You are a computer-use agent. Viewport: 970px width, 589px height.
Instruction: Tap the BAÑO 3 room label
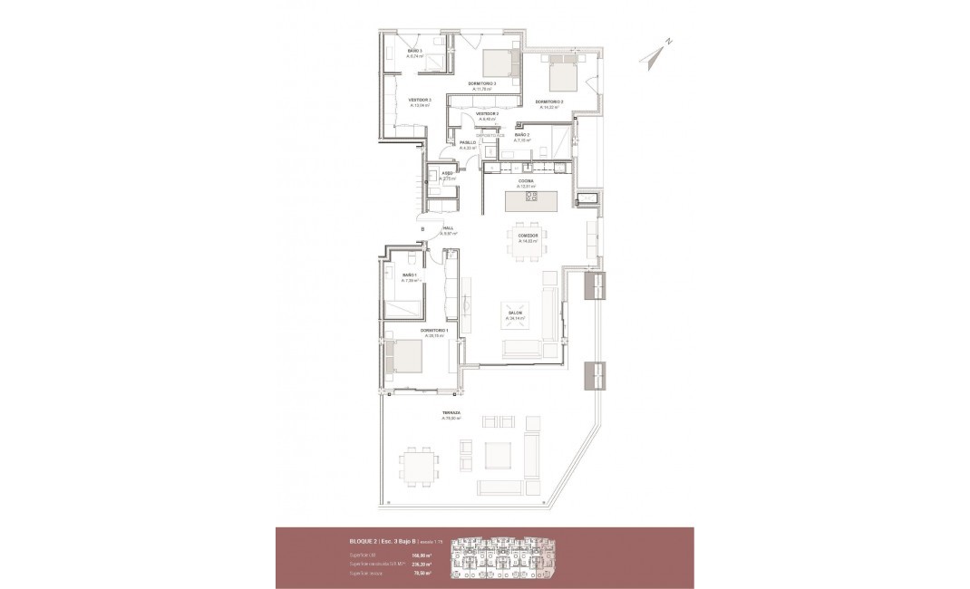[415, 51]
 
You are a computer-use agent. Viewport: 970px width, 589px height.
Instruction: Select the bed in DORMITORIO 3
[496, 63]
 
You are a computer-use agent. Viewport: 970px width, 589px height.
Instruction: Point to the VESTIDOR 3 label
[419, 100]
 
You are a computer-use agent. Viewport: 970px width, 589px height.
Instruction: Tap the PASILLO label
[468, 142]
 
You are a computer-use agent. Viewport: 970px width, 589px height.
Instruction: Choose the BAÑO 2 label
[522, 135]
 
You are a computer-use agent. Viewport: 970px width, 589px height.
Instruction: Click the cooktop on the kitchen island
[531, 197]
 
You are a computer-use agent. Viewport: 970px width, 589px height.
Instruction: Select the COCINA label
[526, 181]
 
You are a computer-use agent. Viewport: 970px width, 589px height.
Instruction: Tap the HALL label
[448, 228]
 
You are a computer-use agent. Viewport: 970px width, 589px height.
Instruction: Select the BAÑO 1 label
[409, 275]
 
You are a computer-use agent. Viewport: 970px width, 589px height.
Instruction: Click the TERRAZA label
[451, 413]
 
